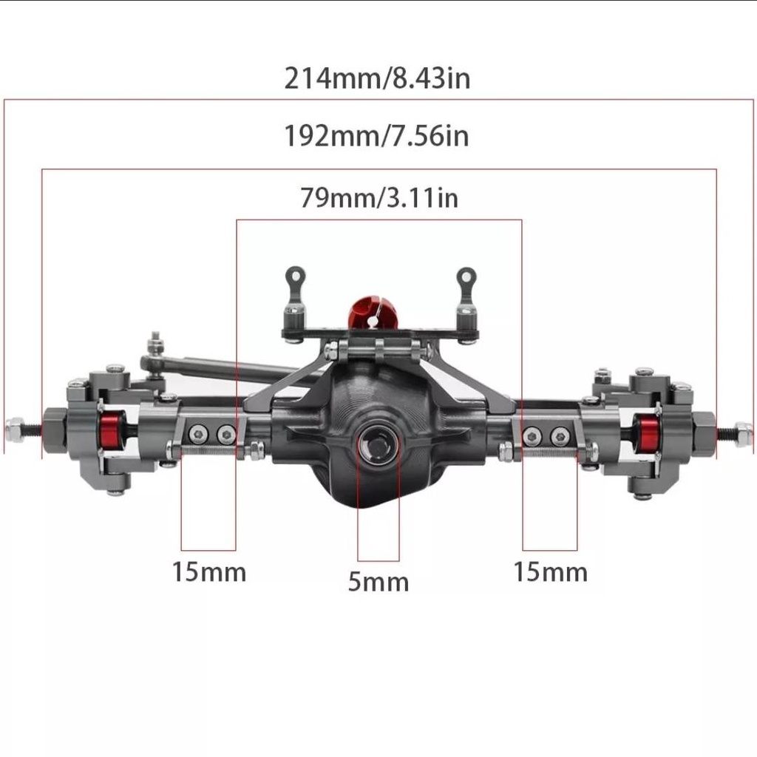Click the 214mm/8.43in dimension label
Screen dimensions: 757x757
point(377,78)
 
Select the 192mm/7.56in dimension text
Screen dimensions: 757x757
point(376,136)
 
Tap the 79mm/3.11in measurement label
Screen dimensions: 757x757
point(379,198)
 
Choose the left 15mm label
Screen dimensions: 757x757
point(209,572)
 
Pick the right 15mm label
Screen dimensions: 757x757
point(550,572)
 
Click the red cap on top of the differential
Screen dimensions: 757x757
point(372,313)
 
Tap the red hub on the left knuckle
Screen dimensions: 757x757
point(113,432)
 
